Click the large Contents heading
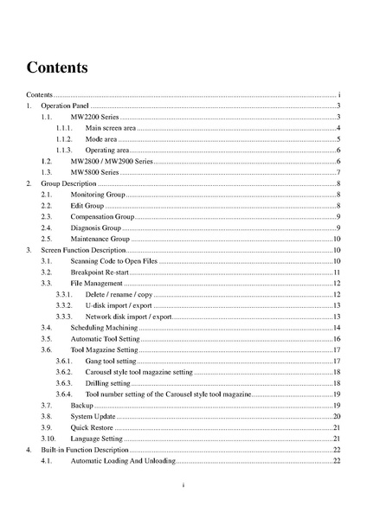click(x=56, y=67)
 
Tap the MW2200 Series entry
click(x=94, y=116)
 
